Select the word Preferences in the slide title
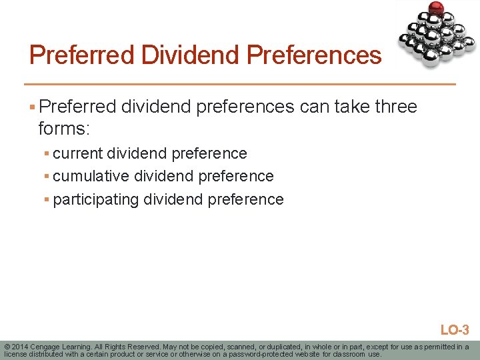tap(314, 55)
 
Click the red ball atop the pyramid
tap(436, 9)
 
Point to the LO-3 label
tap(455, 330)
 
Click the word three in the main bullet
tap(396, 107)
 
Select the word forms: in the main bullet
tap(64, 127)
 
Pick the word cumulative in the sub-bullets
tap(91, 176)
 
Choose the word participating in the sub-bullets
tap(96, 199)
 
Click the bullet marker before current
tap(47, 154)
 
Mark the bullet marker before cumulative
tap(47, 177)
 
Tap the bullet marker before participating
tap(47, 200)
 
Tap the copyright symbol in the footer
tap(7, 347)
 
